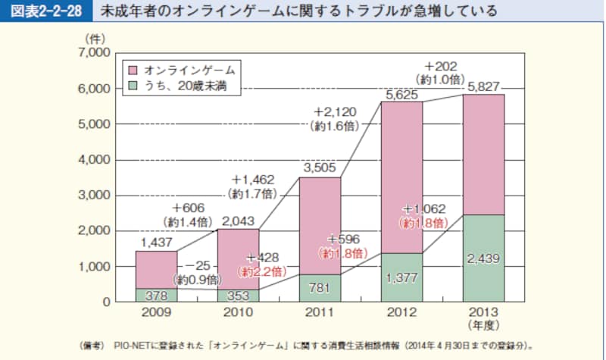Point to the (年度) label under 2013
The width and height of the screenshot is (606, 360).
483,326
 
